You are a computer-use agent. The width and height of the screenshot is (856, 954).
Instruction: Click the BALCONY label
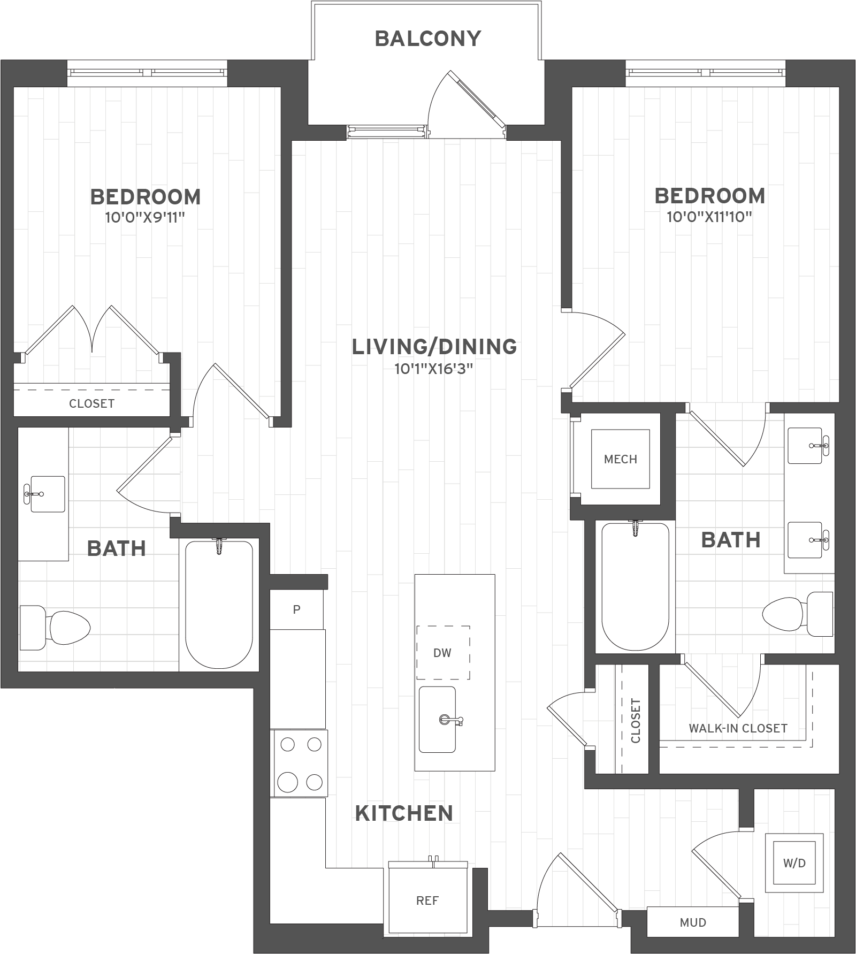(x=428, y=39)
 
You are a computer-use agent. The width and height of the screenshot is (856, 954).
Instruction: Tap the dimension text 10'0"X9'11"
(x=146, y=218)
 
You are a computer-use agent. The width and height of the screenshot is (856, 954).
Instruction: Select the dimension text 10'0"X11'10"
(x=709, y=217)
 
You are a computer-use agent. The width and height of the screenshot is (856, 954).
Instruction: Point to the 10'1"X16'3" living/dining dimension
(x=434, y=369)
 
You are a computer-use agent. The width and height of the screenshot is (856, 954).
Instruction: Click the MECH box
(x=620, y=459)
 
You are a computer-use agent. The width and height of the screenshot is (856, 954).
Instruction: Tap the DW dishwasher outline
(x=443, y=653)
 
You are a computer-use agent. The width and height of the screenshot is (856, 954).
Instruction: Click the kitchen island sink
(x=437, y=720)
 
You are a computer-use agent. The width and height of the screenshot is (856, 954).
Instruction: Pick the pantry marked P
(x=297, y=609)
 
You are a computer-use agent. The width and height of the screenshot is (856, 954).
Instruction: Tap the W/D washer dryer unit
(x=794, y=863)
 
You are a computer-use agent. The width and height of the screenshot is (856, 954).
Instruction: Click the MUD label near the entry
(x=693, y=922)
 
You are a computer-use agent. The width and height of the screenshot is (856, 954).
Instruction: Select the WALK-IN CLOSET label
(x=738, y=728)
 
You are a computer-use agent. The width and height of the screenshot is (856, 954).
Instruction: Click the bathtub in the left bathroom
(x=219, y=605)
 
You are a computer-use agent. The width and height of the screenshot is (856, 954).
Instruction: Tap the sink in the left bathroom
(x=45, y=494)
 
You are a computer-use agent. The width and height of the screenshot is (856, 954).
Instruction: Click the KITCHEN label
(x=404, y=813)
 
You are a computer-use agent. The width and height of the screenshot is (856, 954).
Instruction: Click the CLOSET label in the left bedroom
(x=91, y=403)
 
